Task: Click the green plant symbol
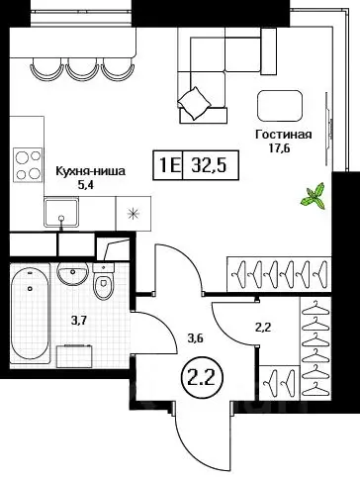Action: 315,196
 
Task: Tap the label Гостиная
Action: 284,136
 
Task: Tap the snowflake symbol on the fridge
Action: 130,212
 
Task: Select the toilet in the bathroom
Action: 105,284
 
